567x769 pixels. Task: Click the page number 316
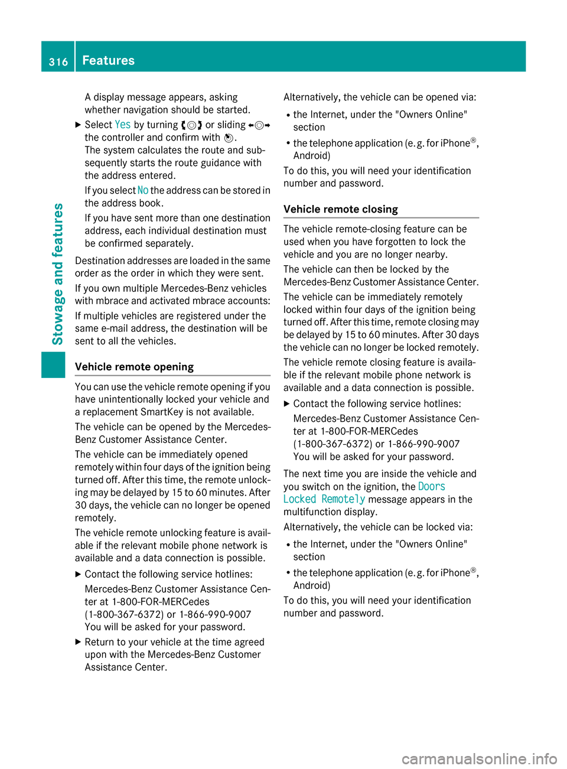click(x=58, y=61)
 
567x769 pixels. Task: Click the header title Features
click(x=109, y=60)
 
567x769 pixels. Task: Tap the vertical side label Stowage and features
click(x=57, y=273)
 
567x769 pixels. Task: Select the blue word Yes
click(x=123, y=125)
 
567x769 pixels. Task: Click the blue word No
click(x=143, y=190)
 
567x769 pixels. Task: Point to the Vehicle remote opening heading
click(x=134, y=367)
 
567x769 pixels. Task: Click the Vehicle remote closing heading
click(x=341, y=209)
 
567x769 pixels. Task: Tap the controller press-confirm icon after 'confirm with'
click(x=229, y=138)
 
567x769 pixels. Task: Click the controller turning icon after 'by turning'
click(x=192, y=125)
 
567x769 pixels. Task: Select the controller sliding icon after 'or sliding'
click(x=259, y=125)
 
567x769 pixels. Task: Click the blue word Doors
click(x=432, y=487)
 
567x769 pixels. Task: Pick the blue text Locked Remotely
click(x=324, y=499)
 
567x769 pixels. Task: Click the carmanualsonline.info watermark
click(x=479, y=758)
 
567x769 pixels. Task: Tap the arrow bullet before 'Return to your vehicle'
click(x=79, y=642)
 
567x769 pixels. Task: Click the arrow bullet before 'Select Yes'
click(x=79, y=125)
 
